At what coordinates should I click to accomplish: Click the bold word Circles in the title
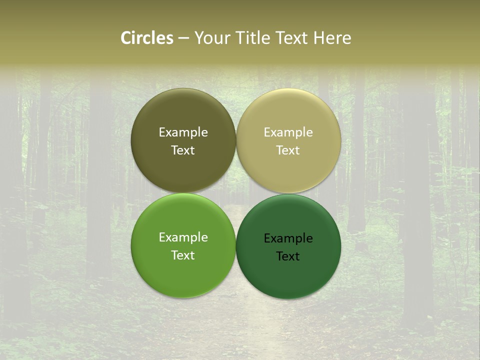[147, 38]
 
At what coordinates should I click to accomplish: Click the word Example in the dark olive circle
[183, 132]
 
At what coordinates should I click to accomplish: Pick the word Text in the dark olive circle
[183, 150]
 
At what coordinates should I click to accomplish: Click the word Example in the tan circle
[288, 132]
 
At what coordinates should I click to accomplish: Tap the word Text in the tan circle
[288, 150]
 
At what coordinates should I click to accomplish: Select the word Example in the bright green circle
[183, 237]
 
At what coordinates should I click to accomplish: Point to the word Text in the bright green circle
[183, 255]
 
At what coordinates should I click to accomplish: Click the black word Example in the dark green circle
[288, 238]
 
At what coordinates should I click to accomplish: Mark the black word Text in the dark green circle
[288, 256]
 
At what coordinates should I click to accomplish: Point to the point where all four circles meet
[236, 193]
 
